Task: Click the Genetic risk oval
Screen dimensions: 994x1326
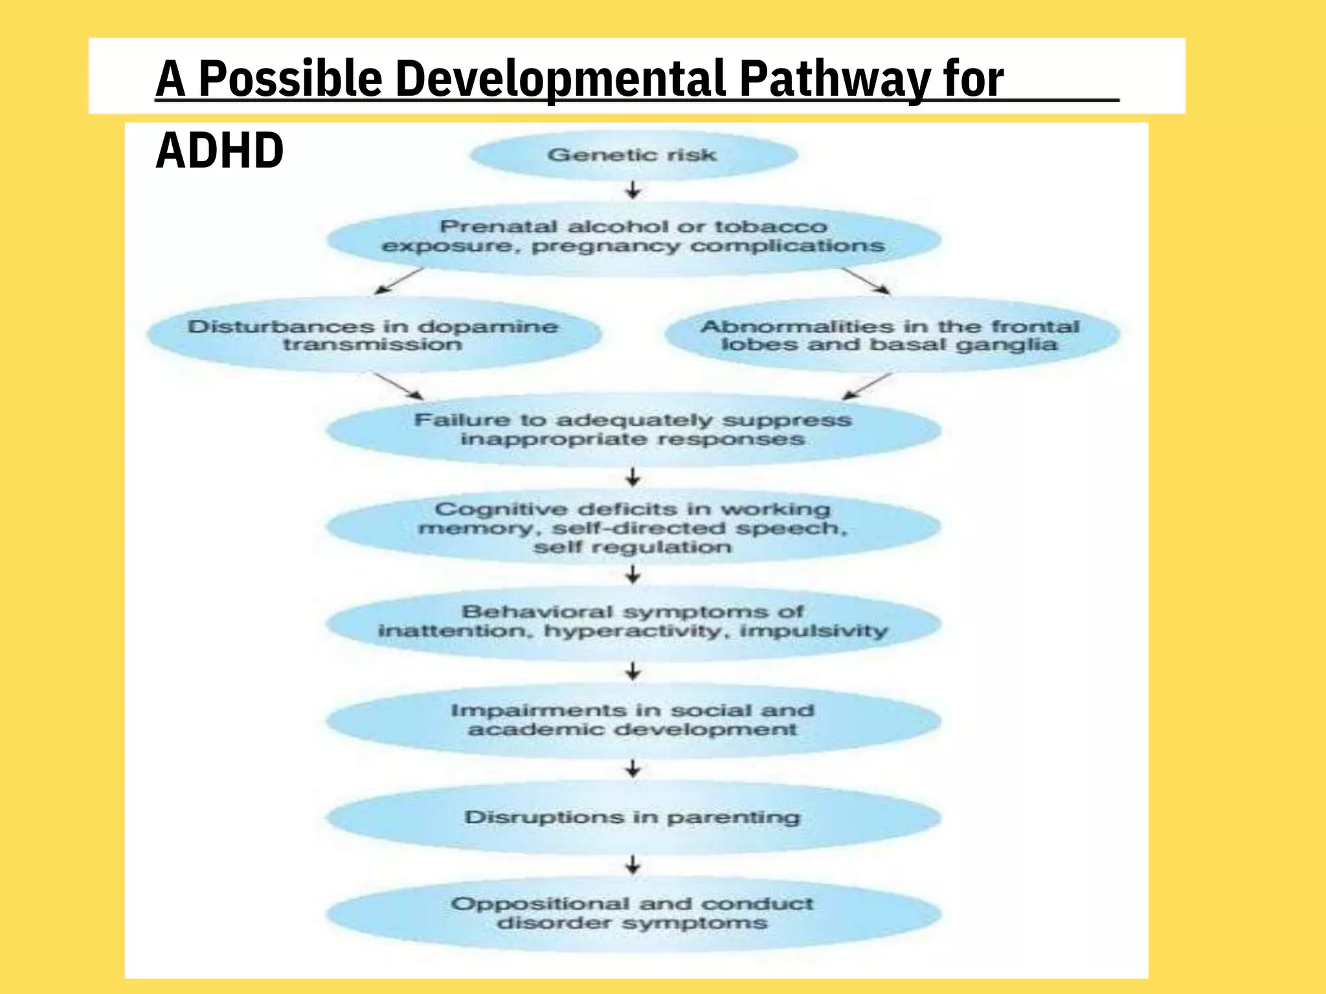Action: [633, 155]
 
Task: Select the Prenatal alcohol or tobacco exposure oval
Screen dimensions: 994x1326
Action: [633, 237]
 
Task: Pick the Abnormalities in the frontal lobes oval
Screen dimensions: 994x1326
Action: [891, 335]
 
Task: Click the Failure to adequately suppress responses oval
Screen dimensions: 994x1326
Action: [633, 430]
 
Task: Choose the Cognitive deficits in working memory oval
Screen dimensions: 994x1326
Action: [633, 527]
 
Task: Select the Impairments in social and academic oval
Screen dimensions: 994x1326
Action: [633, 720]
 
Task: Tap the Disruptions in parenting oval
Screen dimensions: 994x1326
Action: [633, 817]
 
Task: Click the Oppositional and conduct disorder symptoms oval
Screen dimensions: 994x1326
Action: [633, 913]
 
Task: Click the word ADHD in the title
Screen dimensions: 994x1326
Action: [219, 151]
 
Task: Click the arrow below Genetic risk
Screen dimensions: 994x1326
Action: [633, 190]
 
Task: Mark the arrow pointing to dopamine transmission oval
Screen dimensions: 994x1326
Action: [399, 281]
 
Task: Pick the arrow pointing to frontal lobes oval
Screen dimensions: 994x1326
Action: [865, 281]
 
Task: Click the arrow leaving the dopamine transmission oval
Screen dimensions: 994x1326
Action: [399, 386]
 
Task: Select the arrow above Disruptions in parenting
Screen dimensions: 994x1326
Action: [633, 769]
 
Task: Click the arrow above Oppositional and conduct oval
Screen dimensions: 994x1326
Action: [633, 865]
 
